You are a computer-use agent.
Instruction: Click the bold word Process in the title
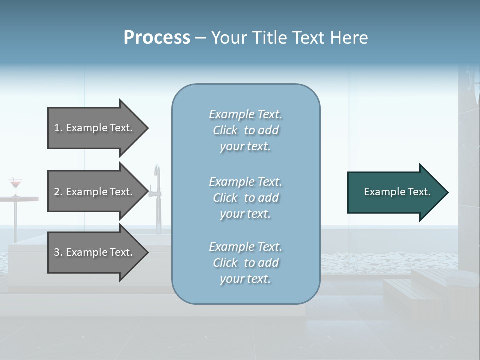click(157, 38)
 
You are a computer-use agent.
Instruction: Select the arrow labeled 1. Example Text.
click(95, 128)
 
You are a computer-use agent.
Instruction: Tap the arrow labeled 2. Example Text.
click(95, 192)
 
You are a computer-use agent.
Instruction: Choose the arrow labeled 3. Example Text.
click(95, 252)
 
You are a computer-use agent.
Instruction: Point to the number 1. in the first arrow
click(58, 128)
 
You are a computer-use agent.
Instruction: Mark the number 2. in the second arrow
click(58, 192)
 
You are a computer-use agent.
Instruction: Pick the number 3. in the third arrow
click(58, 252)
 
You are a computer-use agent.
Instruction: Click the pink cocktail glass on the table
click(16, 184)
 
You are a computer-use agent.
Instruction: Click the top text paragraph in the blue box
click(245, 130)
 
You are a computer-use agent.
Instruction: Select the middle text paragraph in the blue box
click(245, 198)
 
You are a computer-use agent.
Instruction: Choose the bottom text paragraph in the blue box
click(245, 263)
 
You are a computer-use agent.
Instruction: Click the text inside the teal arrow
click(397, 192)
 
